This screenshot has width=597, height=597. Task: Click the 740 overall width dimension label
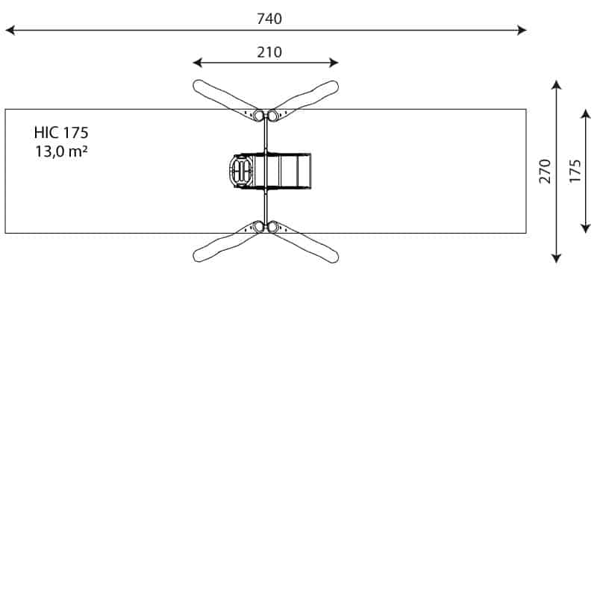(269, 19)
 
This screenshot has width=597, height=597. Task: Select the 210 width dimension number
(269, 52)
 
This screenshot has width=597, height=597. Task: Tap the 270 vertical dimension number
(545, 171)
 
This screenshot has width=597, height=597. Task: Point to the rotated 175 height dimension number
(575, 171)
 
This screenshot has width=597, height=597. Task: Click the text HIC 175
(61, 133)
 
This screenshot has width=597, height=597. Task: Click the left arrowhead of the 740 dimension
(9, 31)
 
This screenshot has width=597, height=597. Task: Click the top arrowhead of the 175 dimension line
(586, 111)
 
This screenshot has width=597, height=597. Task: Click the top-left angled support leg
(222, 96)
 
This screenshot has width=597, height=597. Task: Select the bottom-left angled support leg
(222, 244)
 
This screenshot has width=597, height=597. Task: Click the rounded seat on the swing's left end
(240, 171)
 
